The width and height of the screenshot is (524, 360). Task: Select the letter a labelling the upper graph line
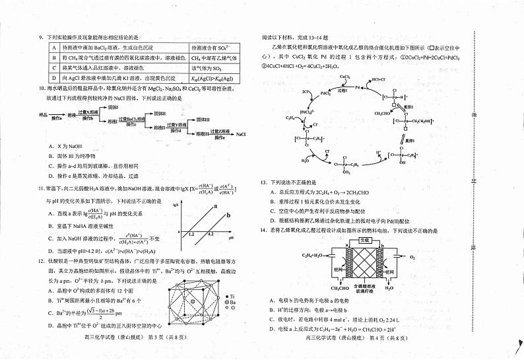215,207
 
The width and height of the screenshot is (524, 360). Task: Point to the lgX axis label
176,205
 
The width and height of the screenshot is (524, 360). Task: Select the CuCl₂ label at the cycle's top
345,77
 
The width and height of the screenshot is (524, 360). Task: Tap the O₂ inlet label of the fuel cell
412,256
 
